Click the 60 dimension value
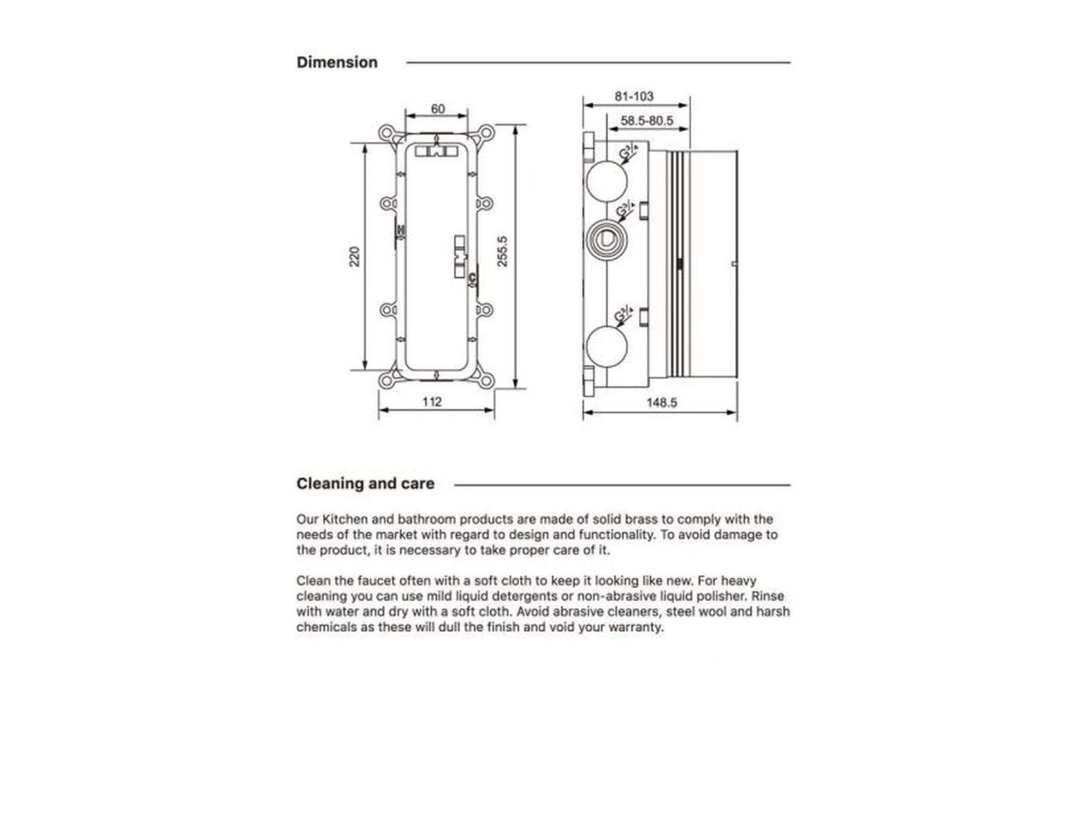[x=437, y=109]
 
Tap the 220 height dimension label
[x=354, y=257]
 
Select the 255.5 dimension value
[x=502, y=252]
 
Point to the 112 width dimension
[x=432, y=402]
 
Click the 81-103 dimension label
[x=634, y=96]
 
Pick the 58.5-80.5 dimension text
[x=647, y=121]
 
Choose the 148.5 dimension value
[x=661, y=403]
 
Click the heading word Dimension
[x=337, y=63]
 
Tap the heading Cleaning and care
[x=365, y=484]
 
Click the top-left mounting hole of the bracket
[x=386, y=132]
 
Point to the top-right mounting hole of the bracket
[x=486, y=132]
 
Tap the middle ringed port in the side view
[x=606, y=239]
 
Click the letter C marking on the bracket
[x=472, y=278]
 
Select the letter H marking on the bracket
[x=401, y=230]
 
